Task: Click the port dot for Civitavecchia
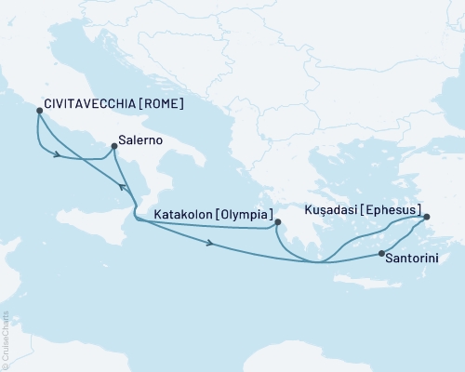38,111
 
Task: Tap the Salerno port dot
113,144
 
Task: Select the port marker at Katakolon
277,222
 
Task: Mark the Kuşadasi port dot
427,218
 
